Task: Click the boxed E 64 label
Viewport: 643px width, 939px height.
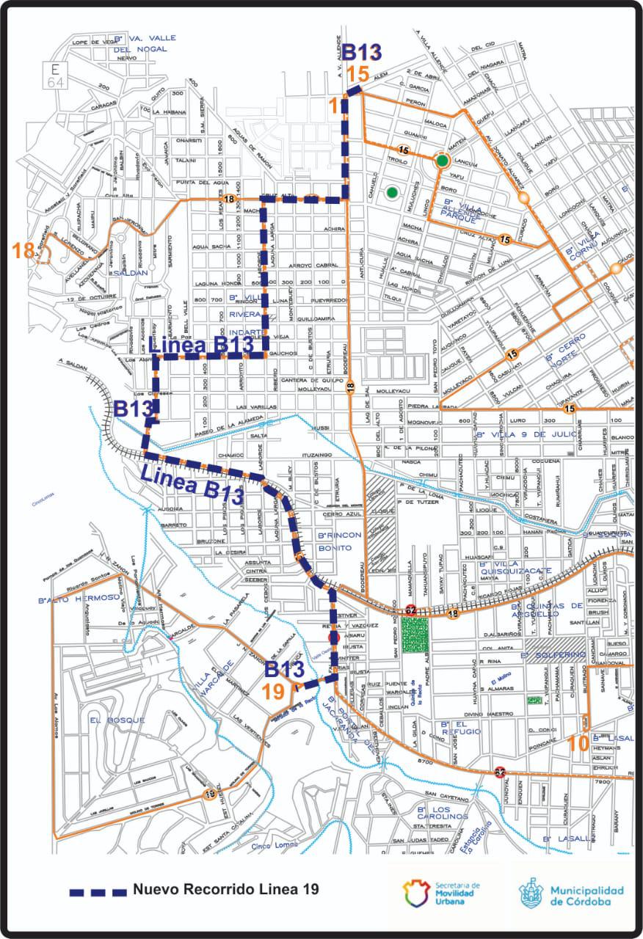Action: point(56,76)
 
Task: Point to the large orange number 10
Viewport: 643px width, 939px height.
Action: point(578,742)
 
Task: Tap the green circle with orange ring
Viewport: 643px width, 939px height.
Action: point(441,161)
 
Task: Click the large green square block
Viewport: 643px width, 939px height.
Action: point(414,637)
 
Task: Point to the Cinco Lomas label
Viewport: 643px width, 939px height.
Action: point(275,844)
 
